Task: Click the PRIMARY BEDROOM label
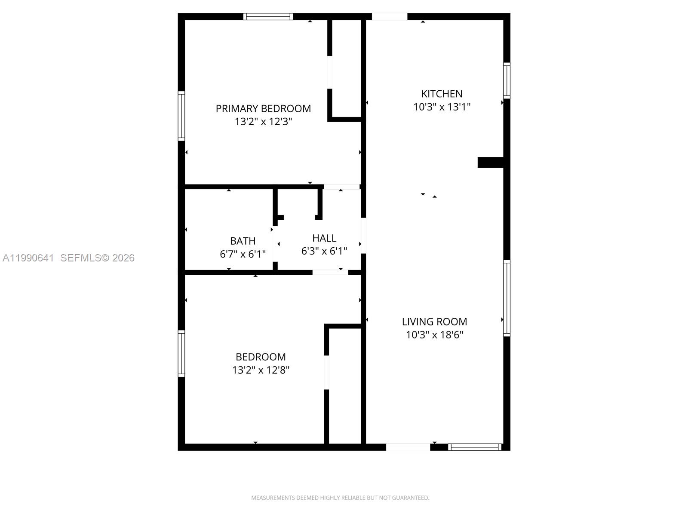pyautogui.click(x=263, y=108)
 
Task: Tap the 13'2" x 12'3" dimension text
pyautogui.click(x=263, y=122)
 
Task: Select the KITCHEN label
pyautogui.click(x=442, y=94)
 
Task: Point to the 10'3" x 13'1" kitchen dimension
pyautogui.click(x=442, y=107)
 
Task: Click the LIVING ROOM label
pyautogui.click(x=434, y=322)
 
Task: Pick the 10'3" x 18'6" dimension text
pyautogui.click(x=434, y=335)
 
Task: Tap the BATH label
pyautogui.click(x=243, y=241)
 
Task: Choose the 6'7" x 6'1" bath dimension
pyautogui.click(x=243, y=254)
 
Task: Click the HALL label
pyautogui.click(x=324, y=238)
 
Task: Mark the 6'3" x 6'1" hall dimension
pyautogui.click(x=324, y=251)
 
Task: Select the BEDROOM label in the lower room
pyautogui.click(x=261, y=357)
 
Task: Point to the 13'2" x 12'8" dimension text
pyautogui.click(x=261, y=370)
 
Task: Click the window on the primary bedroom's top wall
pyautogui.click(x=268, y=17)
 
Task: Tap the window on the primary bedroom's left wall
pyautogui.click(x=181, y=116)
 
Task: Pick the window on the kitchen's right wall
pyautogui.click(x=507, y=80)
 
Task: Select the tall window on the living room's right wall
pyautogui.click(x=507, y=298)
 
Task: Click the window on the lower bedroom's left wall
pyautogui.click(x=181, y=353)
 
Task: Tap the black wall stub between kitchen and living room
pyautogui.click(x=491, y=162)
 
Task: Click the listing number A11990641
pyautogui.click(x=28, y=258)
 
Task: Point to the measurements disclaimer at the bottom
pyautogui.click(x=340, y=498)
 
